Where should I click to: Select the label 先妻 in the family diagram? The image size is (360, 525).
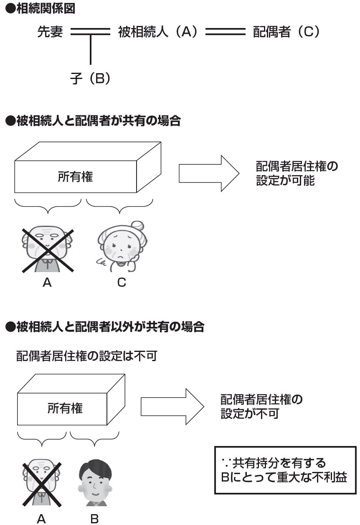click(x=50, y=32)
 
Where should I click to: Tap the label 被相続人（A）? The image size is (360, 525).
click(x=157, y=32)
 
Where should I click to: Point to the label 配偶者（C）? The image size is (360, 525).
click(x=286, y=32)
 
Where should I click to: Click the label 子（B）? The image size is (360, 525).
click(x=91, y=78)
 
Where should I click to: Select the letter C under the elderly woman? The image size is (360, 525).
click(x=122, y=283)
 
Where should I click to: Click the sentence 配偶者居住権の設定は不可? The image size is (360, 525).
click(x=86, y=356)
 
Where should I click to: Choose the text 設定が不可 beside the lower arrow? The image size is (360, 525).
click(x=249, y=414)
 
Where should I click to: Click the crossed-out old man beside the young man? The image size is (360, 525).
click(x=41, y=483)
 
